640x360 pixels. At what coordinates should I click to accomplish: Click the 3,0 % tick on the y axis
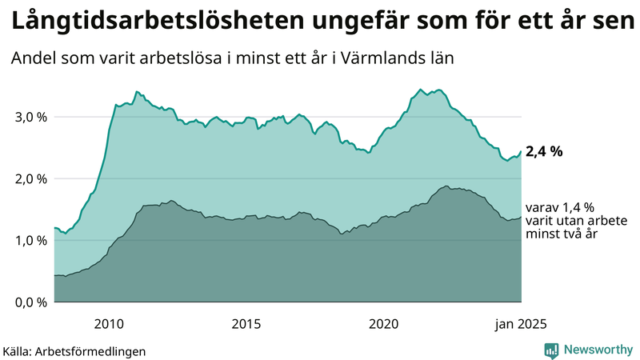pos(30,117)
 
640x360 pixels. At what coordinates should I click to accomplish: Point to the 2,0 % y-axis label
pos(30,178)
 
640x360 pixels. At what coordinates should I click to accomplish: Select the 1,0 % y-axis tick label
pos(30,241)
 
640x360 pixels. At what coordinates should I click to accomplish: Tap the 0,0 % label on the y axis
pos(30,302)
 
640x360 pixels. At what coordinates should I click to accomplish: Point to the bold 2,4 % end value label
pos(544,151)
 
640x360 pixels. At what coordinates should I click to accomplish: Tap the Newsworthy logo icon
pos(551,350)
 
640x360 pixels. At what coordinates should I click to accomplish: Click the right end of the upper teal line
pos(521,152)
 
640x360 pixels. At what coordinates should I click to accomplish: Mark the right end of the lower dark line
pos(521,217)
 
